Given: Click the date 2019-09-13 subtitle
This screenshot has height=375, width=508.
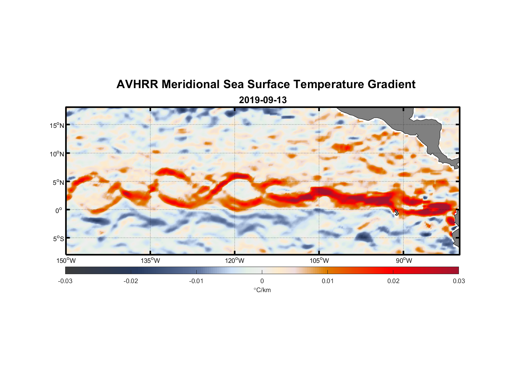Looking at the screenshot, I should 263,100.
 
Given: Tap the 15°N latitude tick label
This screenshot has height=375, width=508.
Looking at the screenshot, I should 57,125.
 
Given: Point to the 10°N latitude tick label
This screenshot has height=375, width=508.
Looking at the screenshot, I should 57,154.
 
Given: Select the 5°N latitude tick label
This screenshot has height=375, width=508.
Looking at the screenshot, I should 58,182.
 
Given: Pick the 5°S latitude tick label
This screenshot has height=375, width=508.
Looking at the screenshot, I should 58,239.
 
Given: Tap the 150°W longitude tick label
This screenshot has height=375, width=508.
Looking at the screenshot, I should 66,261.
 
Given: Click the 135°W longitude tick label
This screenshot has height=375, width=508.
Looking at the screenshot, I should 150,261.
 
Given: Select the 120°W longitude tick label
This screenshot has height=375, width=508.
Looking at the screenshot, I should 235,261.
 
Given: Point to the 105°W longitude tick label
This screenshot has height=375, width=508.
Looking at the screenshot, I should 319,261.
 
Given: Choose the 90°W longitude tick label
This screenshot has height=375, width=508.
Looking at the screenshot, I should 404,261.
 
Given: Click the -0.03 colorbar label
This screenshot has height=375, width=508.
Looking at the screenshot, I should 65,281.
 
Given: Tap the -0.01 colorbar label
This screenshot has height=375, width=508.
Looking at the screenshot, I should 196,281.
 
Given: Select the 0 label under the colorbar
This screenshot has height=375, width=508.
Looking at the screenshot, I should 262,281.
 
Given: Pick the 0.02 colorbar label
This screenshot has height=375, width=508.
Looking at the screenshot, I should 393,281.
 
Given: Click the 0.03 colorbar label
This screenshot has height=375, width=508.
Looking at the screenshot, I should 459,281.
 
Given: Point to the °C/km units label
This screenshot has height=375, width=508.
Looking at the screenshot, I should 262,290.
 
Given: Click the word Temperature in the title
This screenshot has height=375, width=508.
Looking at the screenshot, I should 329,84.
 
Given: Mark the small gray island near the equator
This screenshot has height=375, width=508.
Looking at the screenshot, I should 396,213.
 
